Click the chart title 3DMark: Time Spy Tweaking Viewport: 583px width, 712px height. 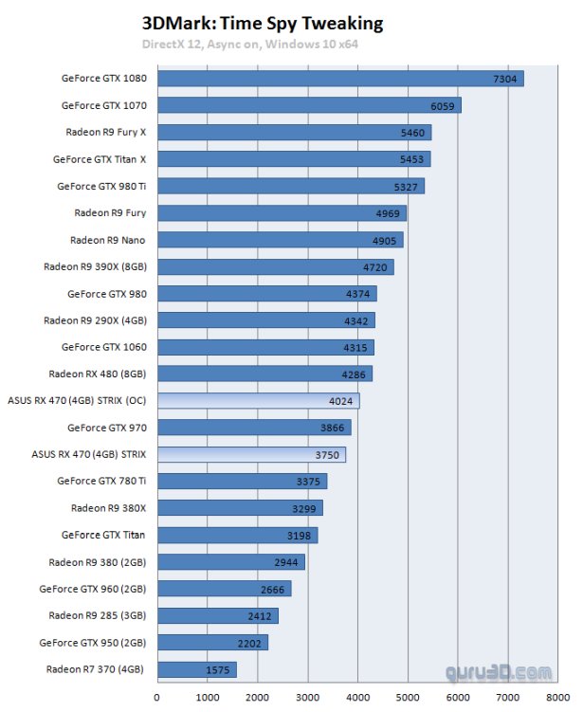point(263,23)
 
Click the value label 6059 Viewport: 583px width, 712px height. point(442,106)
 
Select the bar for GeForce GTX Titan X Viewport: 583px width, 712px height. point(294,159)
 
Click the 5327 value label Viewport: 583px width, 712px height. point(405,187)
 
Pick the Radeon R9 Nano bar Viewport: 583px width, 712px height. point(280,240)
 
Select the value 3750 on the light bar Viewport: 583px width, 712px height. point(326,455)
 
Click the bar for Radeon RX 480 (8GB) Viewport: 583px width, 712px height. point(264,374)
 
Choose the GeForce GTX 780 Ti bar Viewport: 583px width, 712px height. point(242,482)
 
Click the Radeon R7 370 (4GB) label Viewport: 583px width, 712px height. point(96,669)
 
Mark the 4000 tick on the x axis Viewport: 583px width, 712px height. point(358,698)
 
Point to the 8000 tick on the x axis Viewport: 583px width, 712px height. point(558,698)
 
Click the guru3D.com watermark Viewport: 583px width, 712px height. point(499,673)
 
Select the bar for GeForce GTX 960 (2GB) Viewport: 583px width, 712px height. point(224,589)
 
